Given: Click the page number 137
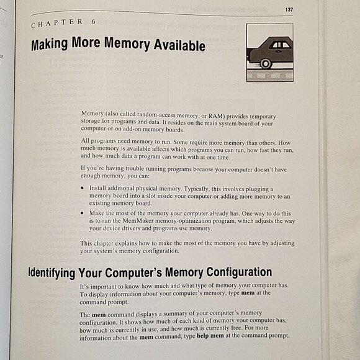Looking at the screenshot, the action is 289,9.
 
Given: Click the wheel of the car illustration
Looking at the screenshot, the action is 266,63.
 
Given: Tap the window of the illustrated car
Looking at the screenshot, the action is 281,45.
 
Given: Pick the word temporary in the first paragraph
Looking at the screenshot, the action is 259,116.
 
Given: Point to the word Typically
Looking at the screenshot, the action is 205,187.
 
